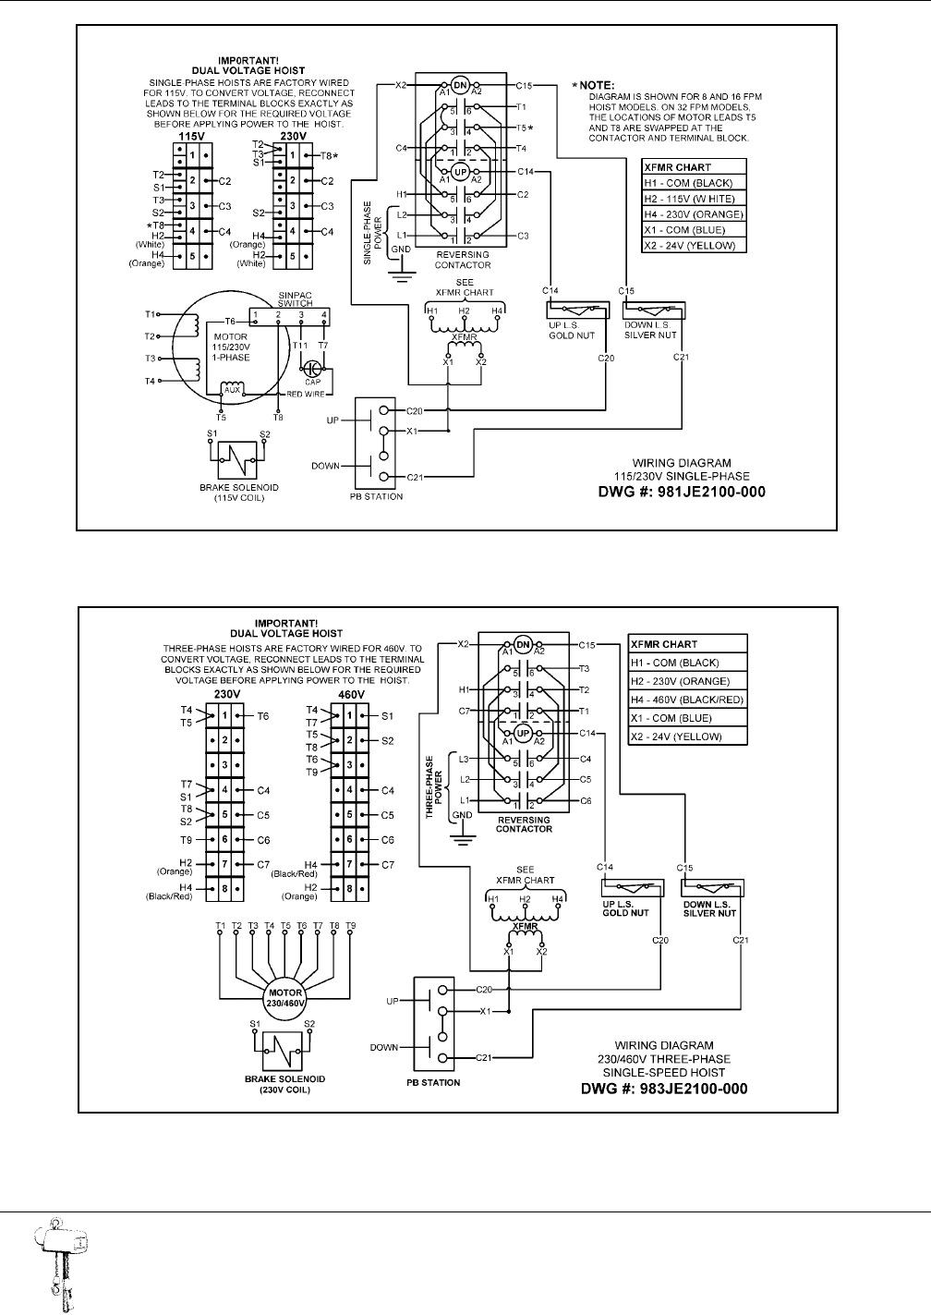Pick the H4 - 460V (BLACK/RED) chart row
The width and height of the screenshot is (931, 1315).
[686, 700]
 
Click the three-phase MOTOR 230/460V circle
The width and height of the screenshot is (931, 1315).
[285, 999]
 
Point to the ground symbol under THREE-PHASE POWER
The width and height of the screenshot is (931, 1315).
[459, 834]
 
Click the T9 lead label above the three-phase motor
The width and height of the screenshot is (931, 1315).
[351, 925]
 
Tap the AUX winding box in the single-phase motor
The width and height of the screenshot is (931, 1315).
[232, 389]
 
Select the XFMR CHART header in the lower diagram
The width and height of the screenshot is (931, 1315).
[664, 644]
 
